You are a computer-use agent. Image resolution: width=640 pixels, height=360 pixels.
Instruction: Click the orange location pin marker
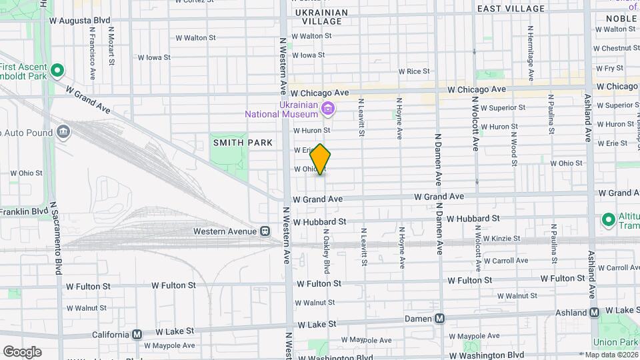click(321, 159)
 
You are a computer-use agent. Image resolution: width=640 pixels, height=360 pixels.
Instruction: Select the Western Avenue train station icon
click(265, 231)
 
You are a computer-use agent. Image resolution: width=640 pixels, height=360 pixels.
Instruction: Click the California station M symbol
click(137, 334)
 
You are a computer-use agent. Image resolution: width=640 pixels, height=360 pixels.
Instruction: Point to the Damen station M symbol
click(439, 319)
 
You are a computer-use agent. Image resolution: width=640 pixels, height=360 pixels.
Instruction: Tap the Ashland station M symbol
click(594, 312)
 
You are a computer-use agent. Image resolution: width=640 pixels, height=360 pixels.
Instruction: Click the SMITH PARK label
click(243, 143)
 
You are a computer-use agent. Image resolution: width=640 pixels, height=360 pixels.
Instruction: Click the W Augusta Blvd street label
click(79, 21)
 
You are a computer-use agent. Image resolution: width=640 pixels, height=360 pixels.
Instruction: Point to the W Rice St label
click(414, 71)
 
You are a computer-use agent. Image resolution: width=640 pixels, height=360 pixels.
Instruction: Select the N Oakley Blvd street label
click(327, 252)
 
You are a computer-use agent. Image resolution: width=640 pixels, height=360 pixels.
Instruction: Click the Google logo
click(22, 352)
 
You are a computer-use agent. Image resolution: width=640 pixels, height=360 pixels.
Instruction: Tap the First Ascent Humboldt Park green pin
click(57, 70)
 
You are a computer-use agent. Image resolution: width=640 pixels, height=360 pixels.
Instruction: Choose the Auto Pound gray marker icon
click(63, 131)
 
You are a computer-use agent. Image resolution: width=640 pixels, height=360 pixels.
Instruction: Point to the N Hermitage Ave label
click(531, 53)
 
